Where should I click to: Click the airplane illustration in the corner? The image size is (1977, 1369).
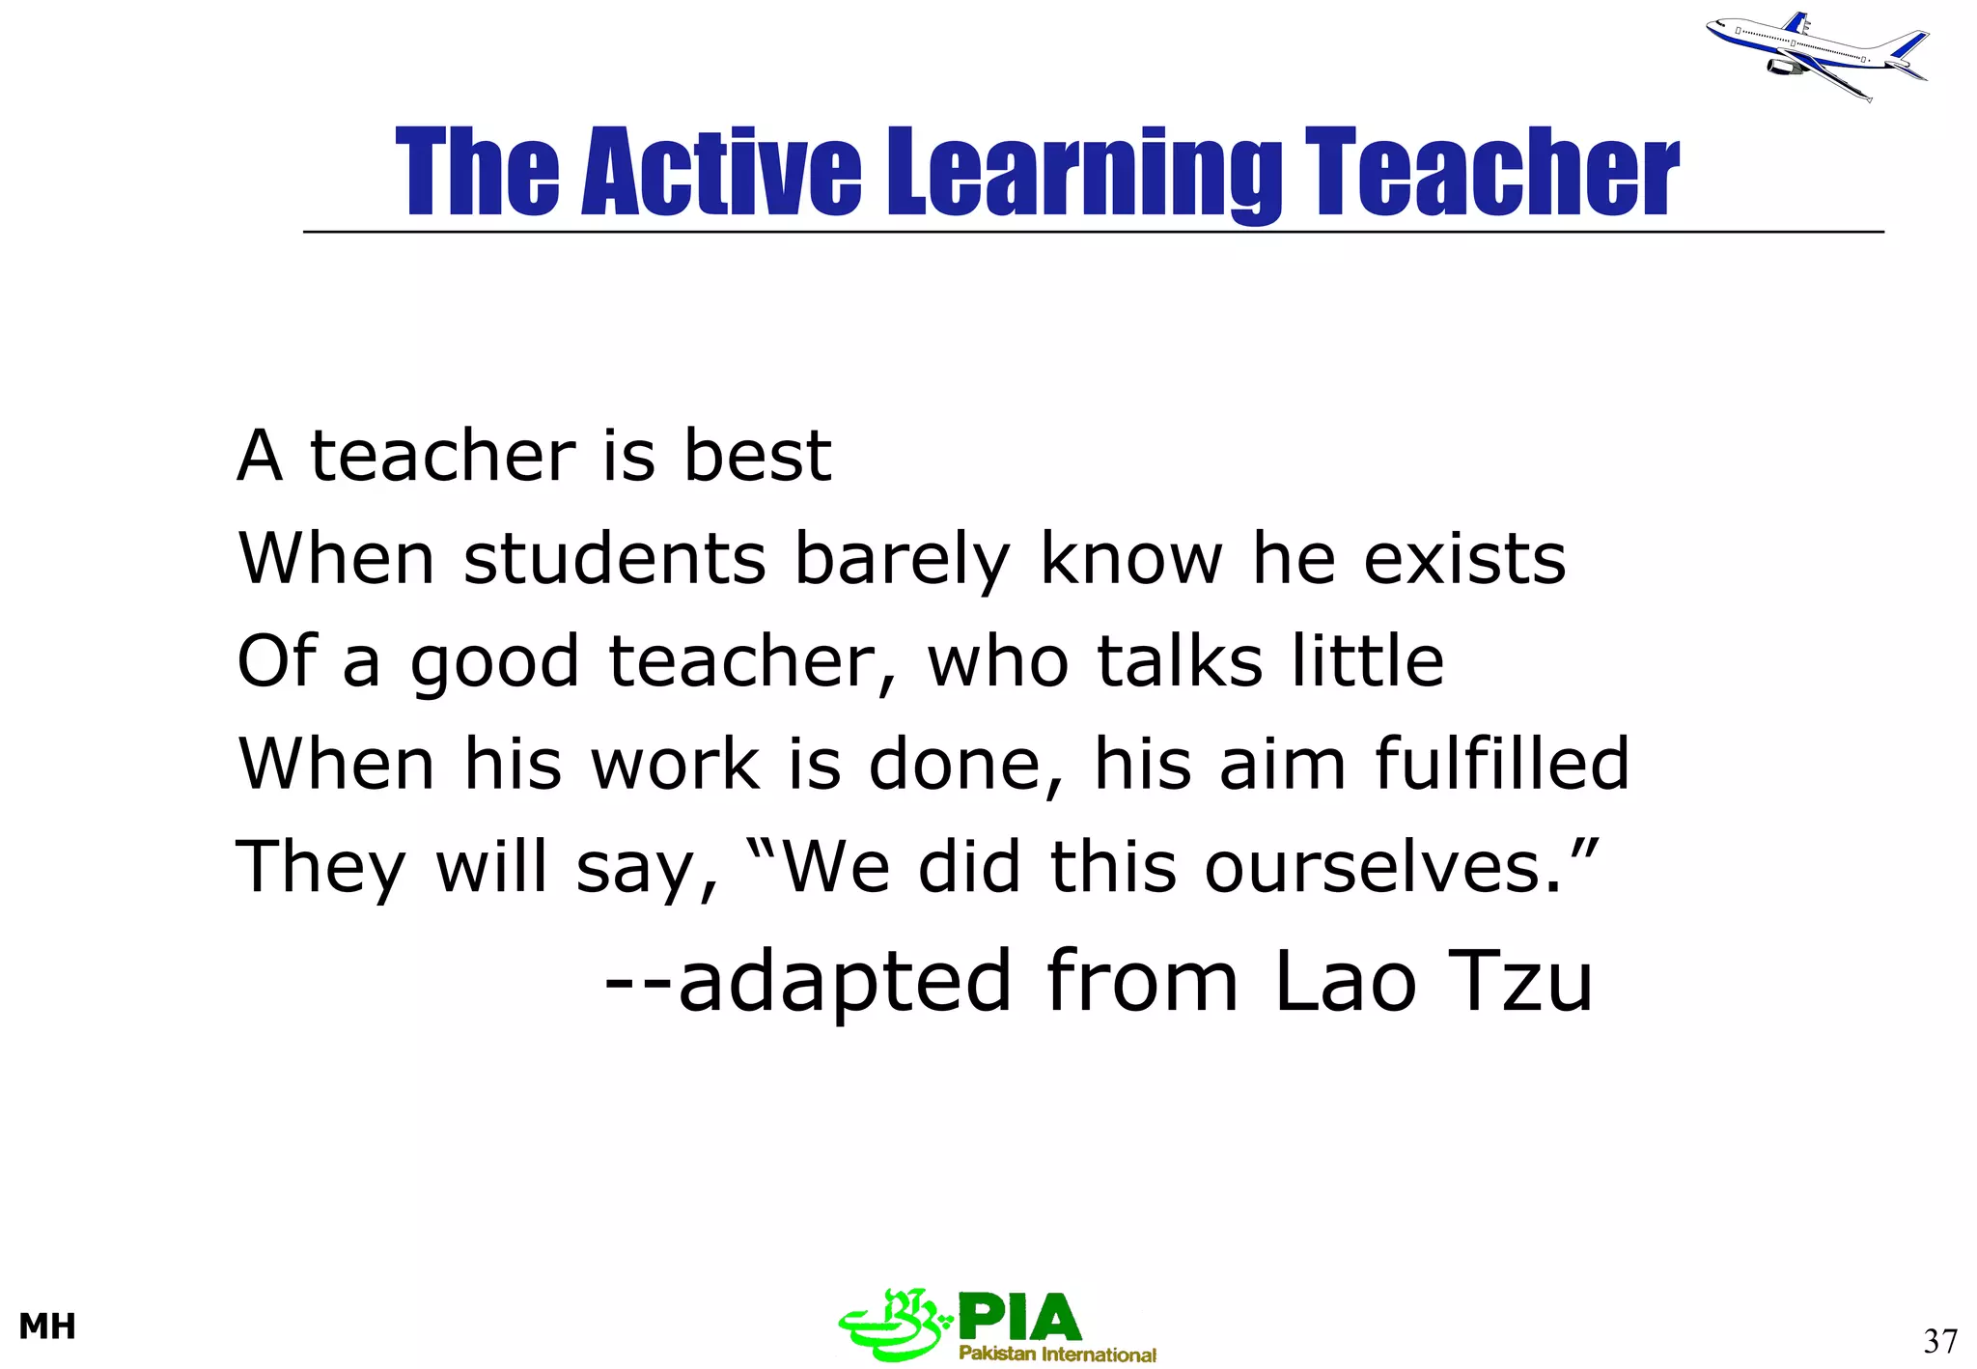click(x=1815, y=55)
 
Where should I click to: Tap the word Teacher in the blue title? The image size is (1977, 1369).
click(x=1491, y=173)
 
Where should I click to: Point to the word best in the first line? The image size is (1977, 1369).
click(x=757, y=456)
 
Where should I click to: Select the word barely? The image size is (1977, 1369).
click(x=902, y=560)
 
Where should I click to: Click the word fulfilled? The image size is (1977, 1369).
click(x=1501, y=763)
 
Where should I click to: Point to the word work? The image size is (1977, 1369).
click(x=675, y=765)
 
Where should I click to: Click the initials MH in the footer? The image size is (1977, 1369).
click(x=47, y=1327)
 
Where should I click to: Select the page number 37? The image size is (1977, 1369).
click(x=1939, y=1341)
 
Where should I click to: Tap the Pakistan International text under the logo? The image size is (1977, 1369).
click(x=1057, y=1354)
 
